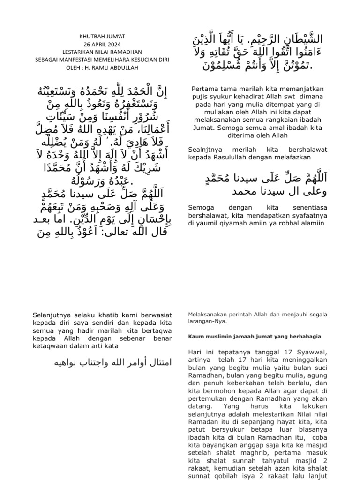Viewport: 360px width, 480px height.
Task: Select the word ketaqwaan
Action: coord(52,345)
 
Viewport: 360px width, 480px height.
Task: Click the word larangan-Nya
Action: coord(207,321)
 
